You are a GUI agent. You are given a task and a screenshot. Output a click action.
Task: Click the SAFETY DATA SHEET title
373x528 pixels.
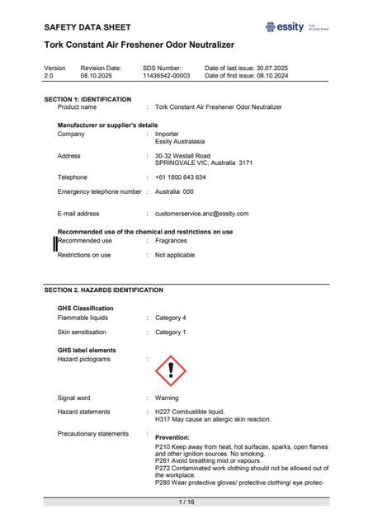pos(87,27)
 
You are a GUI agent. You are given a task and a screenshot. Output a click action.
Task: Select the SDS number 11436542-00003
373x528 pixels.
pos(167,75)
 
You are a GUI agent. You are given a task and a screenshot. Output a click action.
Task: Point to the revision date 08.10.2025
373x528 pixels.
pos(101,75)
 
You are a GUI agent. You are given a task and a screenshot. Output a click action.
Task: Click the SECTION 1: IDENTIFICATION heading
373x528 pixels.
pos(87,99)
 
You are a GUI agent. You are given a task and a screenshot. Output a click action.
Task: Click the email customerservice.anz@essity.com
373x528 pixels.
pos(201,214)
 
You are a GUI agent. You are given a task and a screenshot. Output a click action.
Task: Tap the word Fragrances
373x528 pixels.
pos(171,241)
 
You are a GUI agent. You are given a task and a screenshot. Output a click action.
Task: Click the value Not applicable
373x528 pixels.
pos(175,256)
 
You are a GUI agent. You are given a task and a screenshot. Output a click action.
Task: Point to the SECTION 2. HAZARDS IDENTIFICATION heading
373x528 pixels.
pos(103,290)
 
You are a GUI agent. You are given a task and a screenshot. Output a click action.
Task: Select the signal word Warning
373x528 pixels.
pos(167,397)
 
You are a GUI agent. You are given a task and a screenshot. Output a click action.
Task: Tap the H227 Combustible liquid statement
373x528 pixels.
pos(189,411)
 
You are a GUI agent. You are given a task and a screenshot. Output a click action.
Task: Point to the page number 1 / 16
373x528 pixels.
pos(186,502)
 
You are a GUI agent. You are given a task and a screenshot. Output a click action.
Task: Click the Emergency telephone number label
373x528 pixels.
pos(99,191)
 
